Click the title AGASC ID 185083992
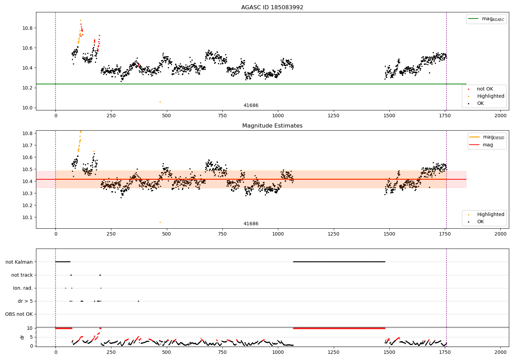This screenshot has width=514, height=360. tap(272, 7)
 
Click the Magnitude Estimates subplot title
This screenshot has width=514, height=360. tap(272, 125)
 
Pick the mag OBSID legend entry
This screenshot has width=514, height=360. tap(487, 137)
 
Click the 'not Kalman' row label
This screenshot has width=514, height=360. tap(19, 262)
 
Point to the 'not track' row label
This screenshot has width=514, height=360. tap(22, 275)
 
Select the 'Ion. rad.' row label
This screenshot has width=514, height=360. tap(23, 288)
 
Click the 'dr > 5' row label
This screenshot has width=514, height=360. tap(25, 301)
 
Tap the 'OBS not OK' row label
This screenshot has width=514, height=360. tap(19, 314)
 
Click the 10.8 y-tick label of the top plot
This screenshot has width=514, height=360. tap(27, 28)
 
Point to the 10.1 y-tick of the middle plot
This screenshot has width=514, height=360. tap(27, 217)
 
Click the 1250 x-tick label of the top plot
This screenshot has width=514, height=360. tap(333, 116)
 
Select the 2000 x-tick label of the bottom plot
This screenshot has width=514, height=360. tap(500, 352)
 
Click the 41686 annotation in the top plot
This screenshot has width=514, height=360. tap(251, 105)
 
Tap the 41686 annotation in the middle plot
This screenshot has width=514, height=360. tap(251, 224)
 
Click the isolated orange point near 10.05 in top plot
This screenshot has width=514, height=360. tap(160, 102)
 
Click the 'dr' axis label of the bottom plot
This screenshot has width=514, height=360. tap(22, 337)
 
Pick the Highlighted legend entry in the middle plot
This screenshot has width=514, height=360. tap(486, 214)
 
